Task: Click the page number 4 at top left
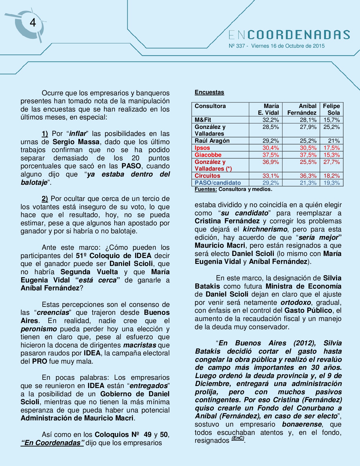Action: (33, 23)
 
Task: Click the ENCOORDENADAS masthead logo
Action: (289, 35)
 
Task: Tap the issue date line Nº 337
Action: (276, 46)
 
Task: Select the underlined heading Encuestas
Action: (209, 92)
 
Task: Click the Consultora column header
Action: (210, 106)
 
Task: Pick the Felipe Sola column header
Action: (331, 109)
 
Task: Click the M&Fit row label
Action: (203, 120)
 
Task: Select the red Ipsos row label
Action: (202, 148)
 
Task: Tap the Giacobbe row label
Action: (208, 155)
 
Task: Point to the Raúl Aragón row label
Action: (212, 141)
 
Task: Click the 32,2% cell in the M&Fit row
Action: (271, 120)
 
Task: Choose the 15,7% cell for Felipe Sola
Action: (331, 120)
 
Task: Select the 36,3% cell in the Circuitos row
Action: (308, 176)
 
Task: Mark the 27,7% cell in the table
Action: (331, 162)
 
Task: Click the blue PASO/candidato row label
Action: (217, 183)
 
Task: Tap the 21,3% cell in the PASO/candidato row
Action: (308, 183)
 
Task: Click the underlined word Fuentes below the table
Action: (206, 189)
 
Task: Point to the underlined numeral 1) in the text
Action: (45, 134)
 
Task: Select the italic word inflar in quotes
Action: (78, 134)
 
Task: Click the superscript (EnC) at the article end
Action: (238, 438)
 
